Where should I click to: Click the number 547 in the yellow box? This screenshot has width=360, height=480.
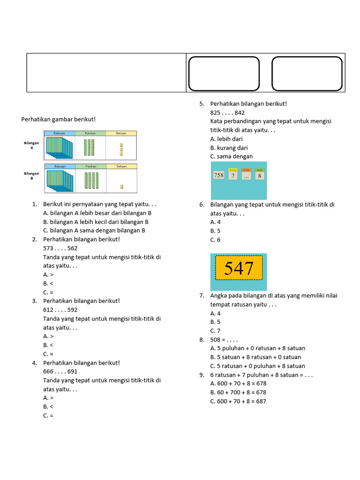239,269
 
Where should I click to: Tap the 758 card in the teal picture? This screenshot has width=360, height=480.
219,175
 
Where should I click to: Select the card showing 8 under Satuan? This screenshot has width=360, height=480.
260,176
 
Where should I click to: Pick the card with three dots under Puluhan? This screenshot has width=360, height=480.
246,176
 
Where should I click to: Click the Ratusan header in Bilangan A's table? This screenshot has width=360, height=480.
60,134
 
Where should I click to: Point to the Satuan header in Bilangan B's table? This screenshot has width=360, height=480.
121,166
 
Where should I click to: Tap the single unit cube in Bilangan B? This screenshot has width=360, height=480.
121,187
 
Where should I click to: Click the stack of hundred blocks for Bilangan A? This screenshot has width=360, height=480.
60,147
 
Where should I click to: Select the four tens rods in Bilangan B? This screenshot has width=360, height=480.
90,180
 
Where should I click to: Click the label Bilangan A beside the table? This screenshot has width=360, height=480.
31,144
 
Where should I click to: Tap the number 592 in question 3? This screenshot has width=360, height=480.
72,310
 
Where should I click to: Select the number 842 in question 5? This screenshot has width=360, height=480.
240,112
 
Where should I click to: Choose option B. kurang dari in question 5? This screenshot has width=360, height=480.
229,148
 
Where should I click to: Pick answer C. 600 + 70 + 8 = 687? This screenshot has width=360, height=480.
238,401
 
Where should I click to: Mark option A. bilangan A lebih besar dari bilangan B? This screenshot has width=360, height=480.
97,213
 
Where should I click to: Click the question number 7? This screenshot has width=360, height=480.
202,296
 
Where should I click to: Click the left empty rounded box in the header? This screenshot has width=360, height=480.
224,74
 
